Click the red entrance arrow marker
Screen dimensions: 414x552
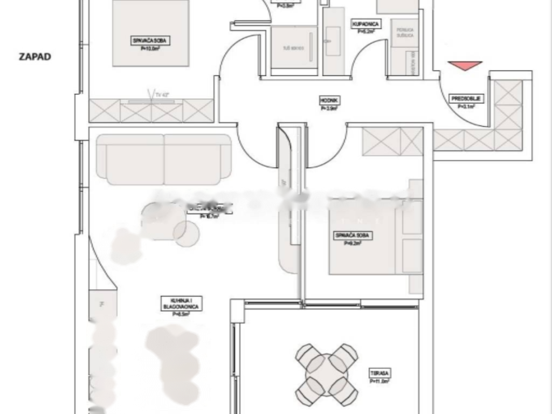point(465,66)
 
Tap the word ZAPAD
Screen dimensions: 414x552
point(35,57)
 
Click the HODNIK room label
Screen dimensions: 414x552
point(328,100)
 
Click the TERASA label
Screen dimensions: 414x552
point(380,373)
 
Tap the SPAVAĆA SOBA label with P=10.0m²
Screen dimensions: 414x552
point(150,40)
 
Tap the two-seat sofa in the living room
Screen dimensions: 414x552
point(164,159)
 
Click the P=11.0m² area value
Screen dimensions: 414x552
point(380,381)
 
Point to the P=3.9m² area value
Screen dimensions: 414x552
point(328,108)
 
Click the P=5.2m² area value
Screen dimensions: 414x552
point(367,31)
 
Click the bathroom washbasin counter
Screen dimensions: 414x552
point(333,40)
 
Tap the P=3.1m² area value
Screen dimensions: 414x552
point(466,107)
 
